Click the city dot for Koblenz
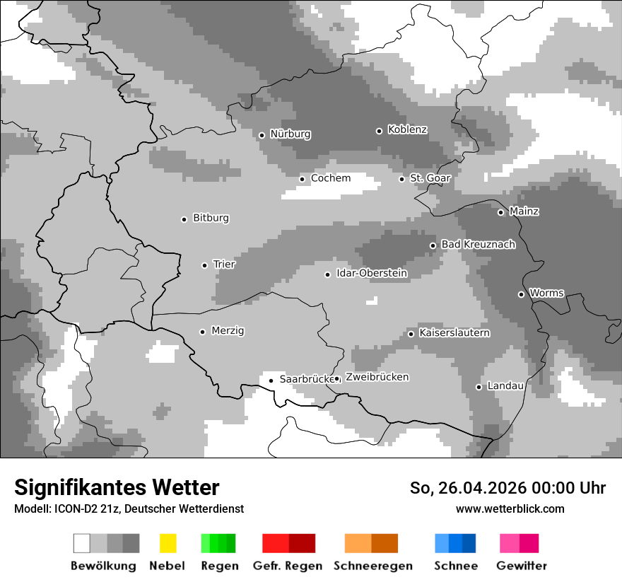tap(380, 131)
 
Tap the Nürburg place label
tap(290, 134)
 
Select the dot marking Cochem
tap(302, 179)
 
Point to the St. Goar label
tap(430, 178)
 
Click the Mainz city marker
tap(500, 212)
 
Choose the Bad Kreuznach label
tap(478, 245)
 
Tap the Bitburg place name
tap(211, 219)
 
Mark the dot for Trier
tap(204, 265)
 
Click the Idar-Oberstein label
tap(372, 274)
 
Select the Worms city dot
tap(521, 294)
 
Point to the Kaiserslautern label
tap(454, 333)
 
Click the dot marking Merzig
tap(202, 332)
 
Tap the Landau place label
tap(505, 386)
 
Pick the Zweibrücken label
tap(377, 378)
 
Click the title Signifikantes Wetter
tap(117, 488)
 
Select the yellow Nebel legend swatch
tap(168, 543)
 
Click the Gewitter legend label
tap(522, 566)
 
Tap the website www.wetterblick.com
tap(510, 509)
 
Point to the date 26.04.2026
tap(481, 488)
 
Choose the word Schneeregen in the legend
tap(373, 566)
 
